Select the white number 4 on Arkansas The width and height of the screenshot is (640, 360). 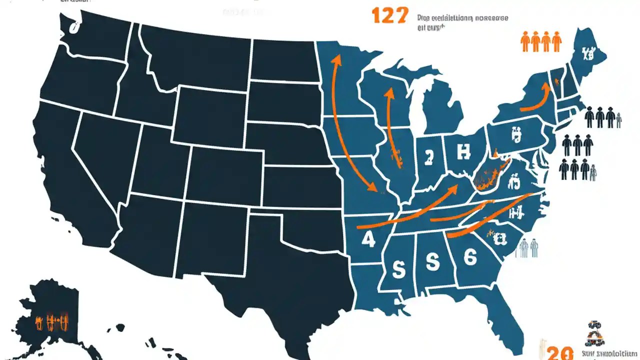[x=367, y=239]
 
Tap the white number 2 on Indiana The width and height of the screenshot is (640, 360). [x=428, y=158]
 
